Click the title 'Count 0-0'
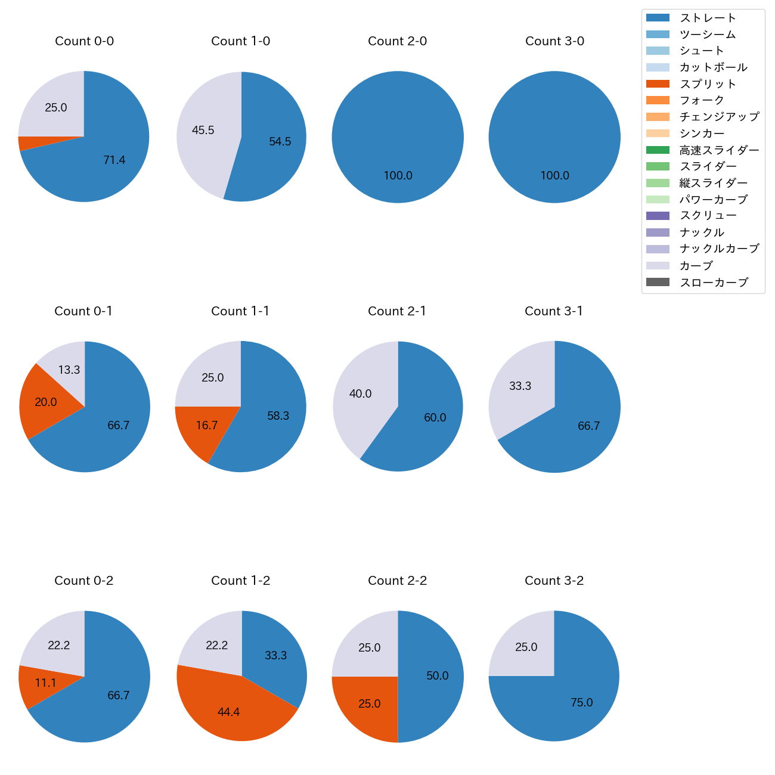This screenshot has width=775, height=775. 84,41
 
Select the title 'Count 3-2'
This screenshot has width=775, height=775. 554,581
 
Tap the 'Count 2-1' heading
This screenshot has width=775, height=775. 397,311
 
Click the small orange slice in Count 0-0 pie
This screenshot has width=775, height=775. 24,143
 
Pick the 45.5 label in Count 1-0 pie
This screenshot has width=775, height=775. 203,130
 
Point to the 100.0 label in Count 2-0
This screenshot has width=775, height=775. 398,176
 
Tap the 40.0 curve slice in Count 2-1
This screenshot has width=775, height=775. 360,394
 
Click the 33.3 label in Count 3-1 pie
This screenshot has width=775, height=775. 520,386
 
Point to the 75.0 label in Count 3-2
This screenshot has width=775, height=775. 582,703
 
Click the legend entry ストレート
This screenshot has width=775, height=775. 707,18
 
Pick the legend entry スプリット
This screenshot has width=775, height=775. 707,84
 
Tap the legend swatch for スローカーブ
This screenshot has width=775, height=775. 657,282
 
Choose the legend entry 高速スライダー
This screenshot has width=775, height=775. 719,150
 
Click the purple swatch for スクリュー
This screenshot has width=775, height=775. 657,216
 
